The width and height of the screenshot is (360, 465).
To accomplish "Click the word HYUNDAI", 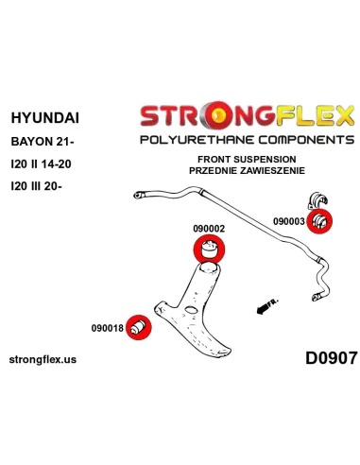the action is point(45,118).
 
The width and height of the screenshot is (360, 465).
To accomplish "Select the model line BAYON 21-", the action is point(43,142).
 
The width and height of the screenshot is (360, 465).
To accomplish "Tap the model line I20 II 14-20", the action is point(41,164).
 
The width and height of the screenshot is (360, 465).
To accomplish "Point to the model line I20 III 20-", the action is point(36,186).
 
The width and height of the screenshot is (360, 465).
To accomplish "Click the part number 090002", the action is point(209,229).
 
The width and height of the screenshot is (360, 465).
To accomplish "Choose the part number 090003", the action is point(289,221).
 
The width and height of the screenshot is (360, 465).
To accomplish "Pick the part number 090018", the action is point(108,328).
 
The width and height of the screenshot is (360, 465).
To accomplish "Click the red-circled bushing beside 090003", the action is point(319,221).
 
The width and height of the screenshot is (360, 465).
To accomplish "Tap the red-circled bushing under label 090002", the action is point(209,249).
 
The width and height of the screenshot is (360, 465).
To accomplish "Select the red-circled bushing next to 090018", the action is point(138,327).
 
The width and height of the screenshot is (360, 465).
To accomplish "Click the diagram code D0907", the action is point(332,358).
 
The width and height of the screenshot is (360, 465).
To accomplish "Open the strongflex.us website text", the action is point(43,359).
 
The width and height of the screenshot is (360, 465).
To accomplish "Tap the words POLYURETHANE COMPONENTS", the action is point(248,140).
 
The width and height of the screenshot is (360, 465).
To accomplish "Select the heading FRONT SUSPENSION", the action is point(247,159).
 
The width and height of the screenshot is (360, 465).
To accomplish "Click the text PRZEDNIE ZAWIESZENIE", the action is point(247,170).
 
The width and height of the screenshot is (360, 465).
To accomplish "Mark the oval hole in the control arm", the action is point(191,310).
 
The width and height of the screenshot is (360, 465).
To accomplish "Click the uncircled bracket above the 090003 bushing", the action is point(317,200).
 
